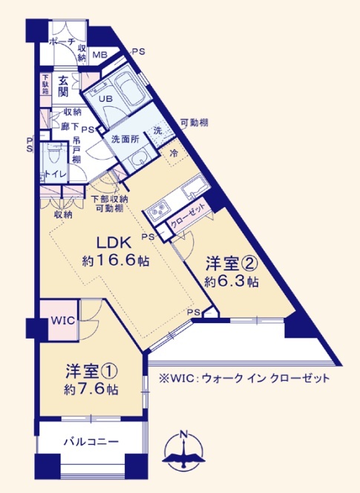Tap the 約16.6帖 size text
tap(115, 261)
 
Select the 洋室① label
tap(91, 371)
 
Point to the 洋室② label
tap(232, 264)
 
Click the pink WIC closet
tap(62, 321)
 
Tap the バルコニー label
tap(91, 442)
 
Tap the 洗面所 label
tap(125, 140)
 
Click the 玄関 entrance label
tap(63, 88)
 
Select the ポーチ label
tap(63, 42)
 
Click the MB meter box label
tap(99, 55)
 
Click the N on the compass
tap(183, 436)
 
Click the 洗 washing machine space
tap(159, 131)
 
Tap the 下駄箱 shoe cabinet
tap(45, 84)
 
